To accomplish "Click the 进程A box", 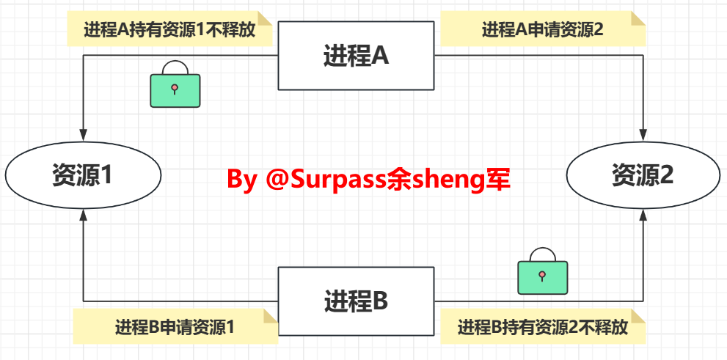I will (356, 56).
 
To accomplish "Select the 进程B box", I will (356, 301).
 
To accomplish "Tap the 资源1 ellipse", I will (83, 175).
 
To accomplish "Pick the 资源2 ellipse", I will (643, 175).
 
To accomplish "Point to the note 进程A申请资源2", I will (542, 29).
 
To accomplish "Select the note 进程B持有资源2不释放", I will (543, 327).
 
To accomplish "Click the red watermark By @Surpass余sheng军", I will (368, 179).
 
